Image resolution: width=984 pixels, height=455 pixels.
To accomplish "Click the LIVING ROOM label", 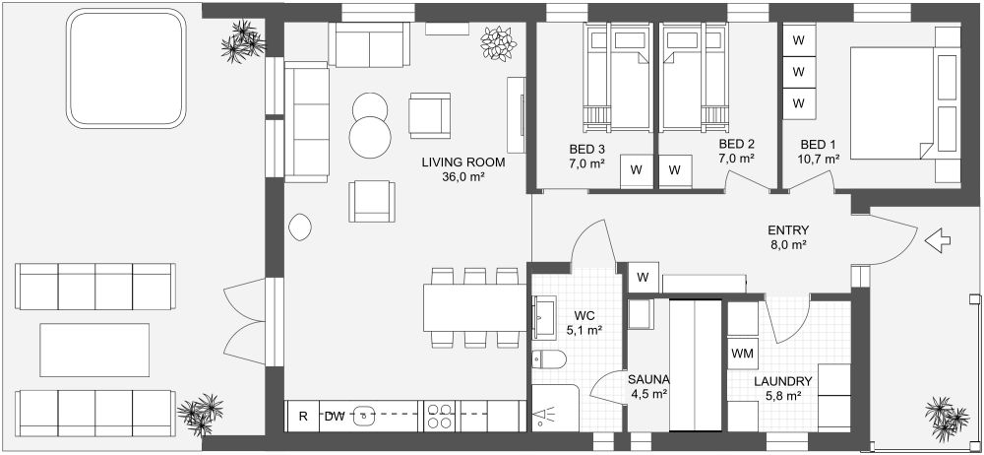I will [x=462, y=162].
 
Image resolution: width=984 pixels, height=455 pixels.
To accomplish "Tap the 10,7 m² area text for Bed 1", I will [x=819, y=158].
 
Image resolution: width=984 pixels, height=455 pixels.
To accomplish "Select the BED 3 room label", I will [x=586, y=150].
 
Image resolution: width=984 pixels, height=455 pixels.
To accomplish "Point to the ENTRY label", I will [x=788, y=230].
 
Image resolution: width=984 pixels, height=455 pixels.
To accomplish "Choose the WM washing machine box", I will [x=741, y=352].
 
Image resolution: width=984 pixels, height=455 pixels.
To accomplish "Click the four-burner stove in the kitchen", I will [x=440, y=416].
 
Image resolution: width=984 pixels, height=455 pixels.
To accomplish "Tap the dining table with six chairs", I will [x=475, y=307].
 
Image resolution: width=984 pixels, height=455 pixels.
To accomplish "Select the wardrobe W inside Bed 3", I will [x=636, y=170].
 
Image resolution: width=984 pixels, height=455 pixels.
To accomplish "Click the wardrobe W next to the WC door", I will [x=644, y=276].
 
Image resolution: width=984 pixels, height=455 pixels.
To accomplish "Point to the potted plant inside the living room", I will [x=498, y=42].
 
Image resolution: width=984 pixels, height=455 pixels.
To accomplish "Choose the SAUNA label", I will [x=648, y=380].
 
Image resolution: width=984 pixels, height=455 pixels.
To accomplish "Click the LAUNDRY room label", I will [x=783, y=382].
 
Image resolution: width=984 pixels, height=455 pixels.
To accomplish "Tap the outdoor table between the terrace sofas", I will [x=94, y=350].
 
